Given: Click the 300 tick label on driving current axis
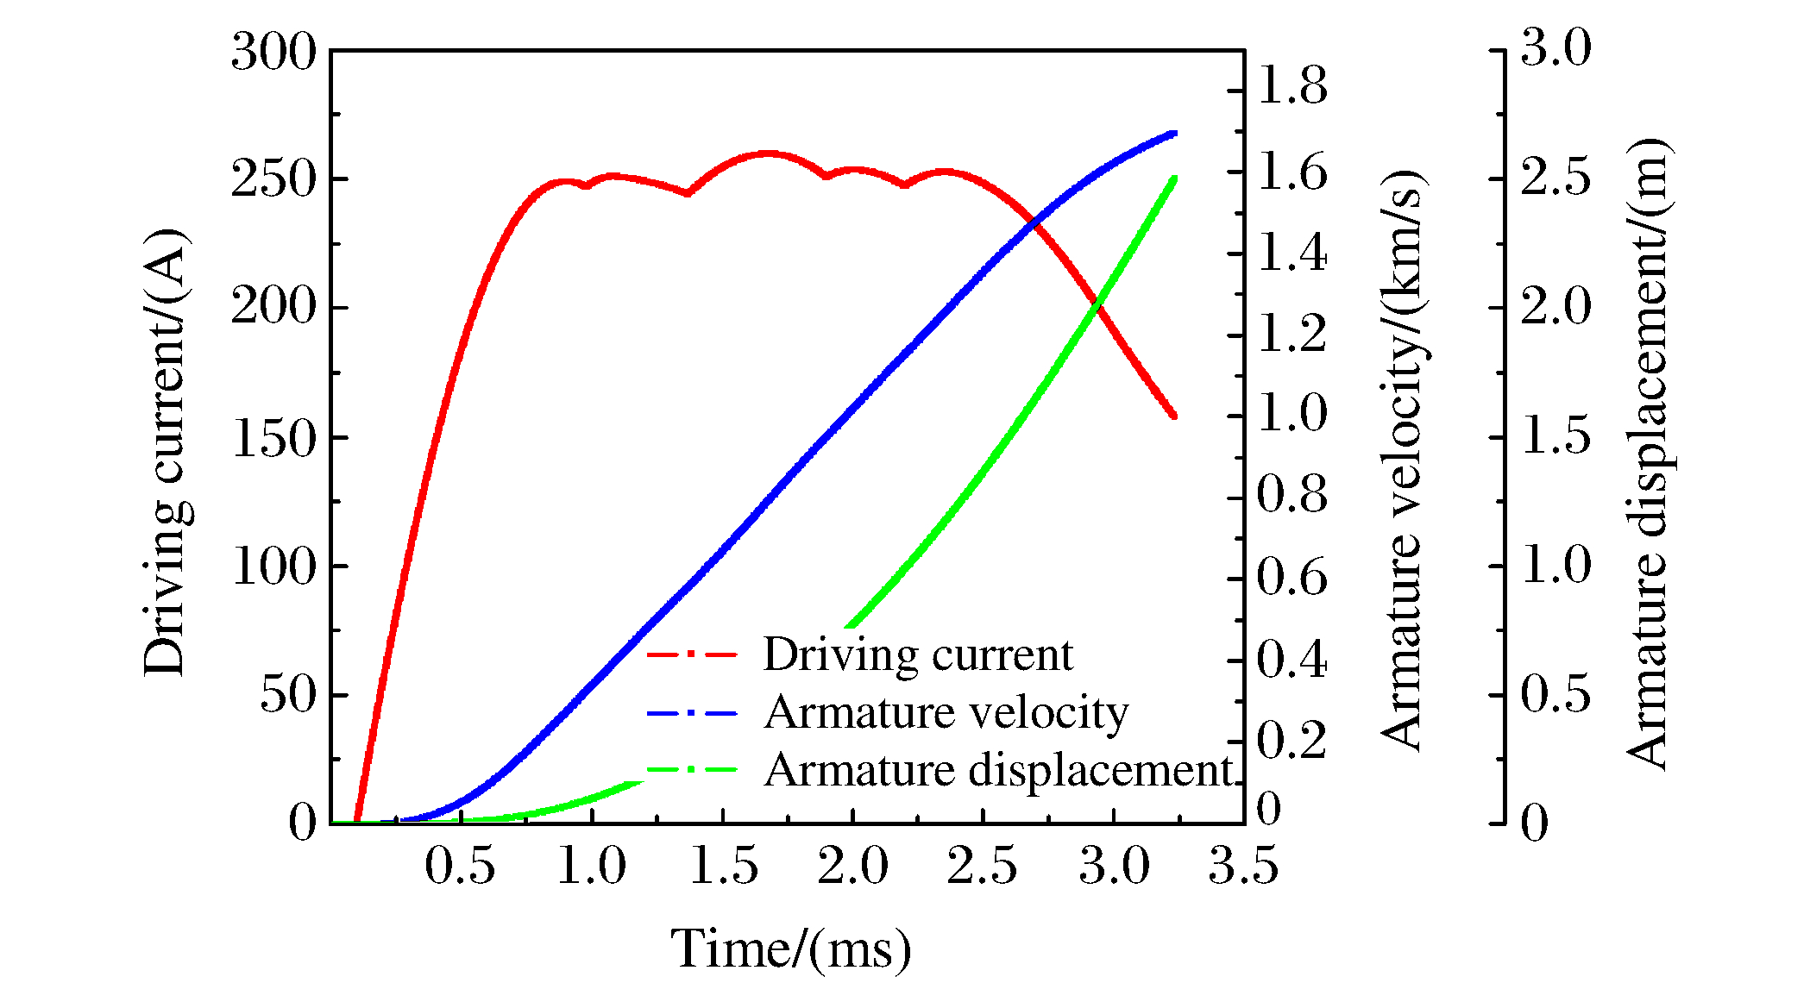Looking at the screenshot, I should (273, 53).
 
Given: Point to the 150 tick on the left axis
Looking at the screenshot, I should (273, 439).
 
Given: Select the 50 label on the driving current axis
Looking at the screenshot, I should (288, 695).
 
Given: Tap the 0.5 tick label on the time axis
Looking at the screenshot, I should (460, 866).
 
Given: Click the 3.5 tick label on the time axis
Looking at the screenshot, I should (1242, 866).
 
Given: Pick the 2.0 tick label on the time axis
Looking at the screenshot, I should (852, 866).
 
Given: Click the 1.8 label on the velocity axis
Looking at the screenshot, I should (1292, 88).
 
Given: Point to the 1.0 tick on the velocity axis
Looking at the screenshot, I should (1292, 414).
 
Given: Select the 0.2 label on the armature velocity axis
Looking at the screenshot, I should (1292, 742).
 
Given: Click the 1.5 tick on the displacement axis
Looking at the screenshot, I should (1555, 436).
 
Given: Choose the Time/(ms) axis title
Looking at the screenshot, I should (790, 949).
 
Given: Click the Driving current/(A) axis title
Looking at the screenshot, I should (165, 454).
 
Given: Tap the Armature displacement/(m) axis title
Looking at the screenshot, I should (1648, 454).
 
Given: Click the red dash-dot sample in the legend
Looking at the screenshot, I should (692, 655).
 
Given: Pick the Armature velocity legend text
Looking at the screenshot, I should (946, 713).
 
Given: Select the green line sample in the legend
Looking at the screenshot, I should (692, 770).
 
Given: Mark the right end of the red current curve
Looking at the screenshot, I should (1173, 416).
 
